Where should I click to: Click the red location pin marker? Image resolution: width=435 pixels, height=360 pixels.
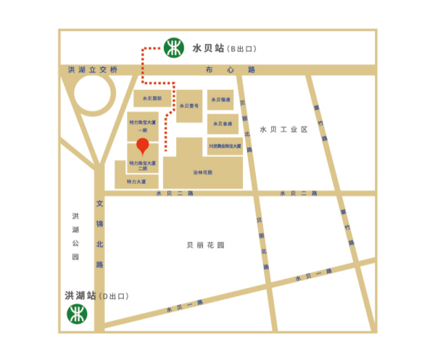pyautogui.click(x=143, y=145)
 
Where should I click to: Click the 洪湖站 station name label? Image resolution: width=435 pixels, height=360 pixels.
pyautogui.click(x=80, y=296)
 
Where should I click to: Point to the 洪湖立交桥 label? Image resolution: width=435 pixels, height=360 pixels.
pyautogui.click(x=92, y=70)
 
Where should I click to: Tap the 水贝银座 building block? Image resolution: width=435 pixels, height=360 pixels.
pyautogui.click(x=221, y=99)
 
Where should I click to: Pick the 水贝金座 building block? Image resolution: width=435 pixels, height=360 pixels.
pyautogui.click(x=221, y=123)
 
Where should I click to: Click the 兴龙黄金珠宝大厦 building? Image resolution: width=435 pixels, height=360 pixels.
pyautogui.click(x=224, y=146)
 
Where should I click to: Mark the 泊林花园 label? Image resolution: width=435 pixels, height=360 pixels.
pyautogui.click(x=202, y=172)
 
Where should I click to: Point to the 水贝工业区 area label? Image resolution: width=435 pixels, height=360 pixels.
pyautogui.click(x=283, y=129)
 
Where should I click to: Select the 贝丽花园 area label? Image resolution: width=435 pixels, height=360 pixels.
pyautogui.click(x=205, y=245)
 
